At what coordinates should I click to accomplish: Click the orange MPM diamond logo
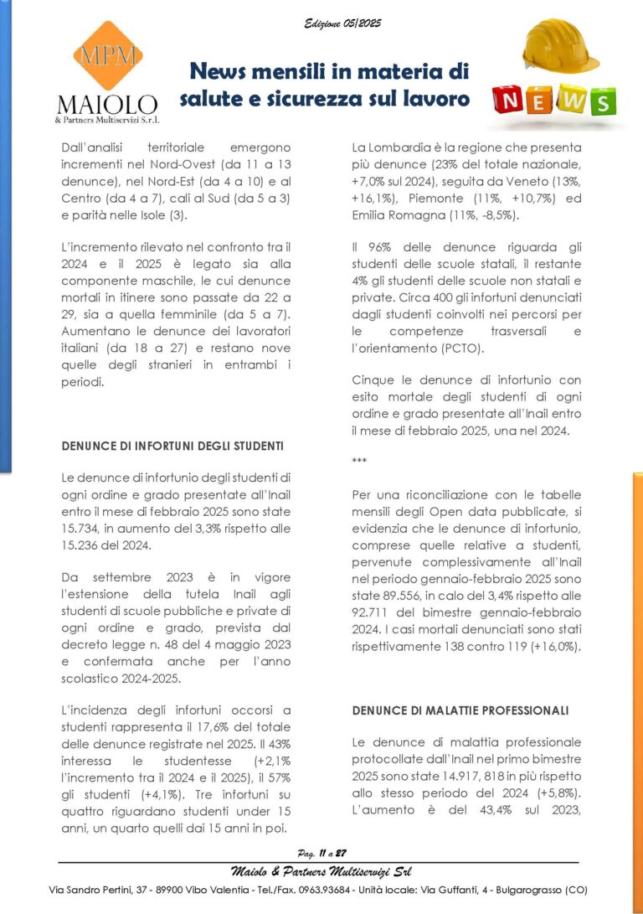106,56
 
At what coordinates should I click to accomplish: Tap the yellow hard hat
560,48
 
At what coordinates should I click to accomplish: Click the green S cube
600,103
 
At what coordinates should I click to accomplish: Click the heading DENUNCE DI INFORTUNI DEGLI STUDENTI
172,446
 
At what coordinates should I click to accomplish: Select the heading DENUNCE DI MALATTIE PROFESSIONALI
460,710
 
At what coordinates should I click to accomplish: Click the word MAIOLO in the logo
106,104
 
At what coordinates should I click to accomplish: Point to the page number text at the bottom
321,854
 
